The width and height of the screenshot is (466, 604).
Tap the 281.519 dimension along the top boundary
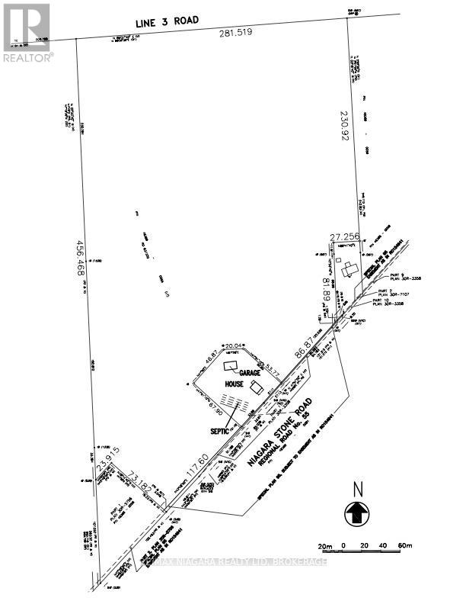[x=235, y=34]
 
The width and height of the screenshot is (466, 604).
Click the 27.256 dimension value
[x=345, y=237]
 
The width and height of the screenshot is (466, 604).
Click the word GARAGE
[x=251, y=374]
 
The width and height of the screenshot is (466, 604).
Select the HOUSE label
[x=233, y=384]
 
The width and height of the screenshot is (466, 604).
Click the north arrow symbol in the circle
[x=355, y=512]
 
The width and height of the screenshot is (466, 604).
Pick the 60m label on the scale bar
[x=404, y=546]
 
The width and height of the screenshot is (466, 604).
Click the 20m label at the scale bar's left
[x=326, y=546]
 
